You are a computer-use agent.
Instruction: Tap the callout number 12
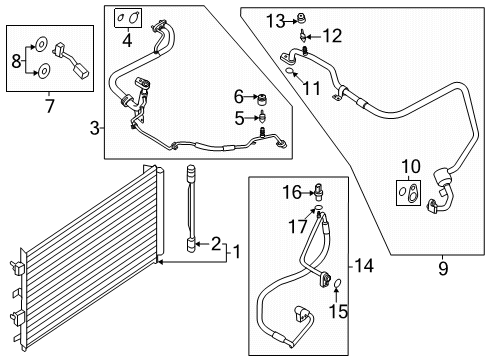(331, 37)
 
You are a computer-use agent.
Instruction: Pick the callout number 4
(126, 40)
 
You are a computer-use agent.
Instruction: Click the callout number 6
(238, 96)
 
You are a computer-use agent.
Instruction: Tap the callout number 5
(238, 119)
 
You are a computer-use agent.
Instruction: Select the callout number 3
(96, 126)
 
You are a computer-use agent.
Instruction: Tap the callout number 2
(215, 243)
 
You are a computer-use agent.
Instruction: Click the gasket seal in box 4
(127, 17)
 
